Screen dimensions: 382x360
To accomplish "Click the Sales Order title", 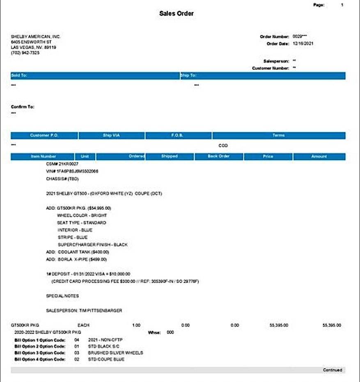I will coord(177,14).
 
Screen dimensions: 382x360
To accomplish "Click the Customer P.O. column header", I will coord(44,135).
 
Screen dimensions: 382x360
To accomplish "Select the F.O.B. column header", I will coord(178,135).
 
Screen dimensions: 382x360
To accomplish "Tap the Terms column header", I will coord(279,135).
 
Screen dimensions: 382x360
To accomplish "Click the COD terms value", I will coord(223,146).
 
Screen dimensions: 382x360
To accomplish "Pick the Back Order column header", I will coord(219,156).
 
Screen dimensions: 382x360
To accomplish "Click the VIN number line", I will coord(72,171).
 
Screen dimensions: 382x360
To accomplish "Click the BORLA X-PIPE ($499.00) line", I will coord(76,259).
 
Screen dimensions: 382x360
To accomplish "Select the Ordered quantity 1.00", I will coord(136,325).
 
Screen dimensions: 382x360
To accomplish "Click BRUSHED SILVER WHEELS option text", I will coord(115,352).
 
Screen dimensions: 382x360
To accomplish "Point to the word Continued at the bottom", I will coord(332,370).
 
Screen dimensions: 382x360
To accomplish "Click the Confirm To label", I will coord(23,107).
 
